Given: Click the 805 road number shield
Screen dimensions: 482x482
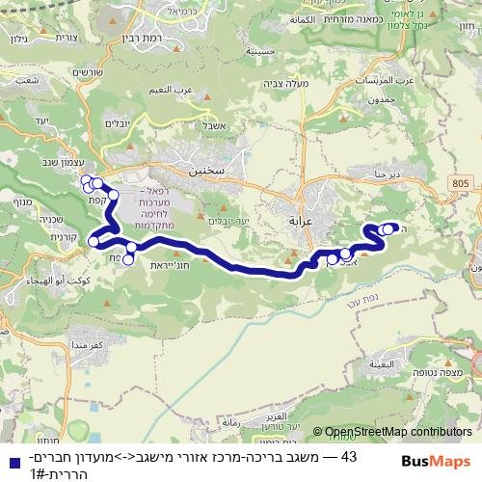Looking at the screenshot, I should (x=460, y=182).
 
